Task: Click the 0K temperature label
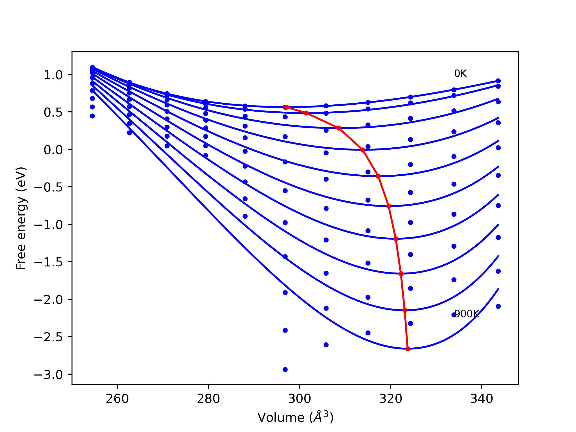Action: point(460,74)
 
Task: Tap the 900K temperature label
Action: point(467,314)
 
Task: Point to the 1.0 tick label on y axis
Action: point(53,75)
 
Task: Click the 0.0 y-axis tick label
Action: point(53,150)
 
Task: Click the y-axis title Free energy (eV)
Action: point(21,218)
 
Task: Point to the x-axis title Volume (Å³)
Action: point(295,417)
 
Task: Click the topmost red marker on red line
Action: point(286,107)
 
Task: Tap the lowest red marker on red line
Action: point(408,349)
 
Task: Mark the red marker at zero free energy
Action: point(363,150)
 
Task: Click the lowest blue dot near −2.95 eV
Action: point(285,370)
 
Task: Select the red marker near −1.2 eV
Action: point(396,239)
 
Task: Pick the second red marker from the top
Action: point(306,113)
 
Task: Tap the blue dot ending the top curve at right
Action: point(498,81)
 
